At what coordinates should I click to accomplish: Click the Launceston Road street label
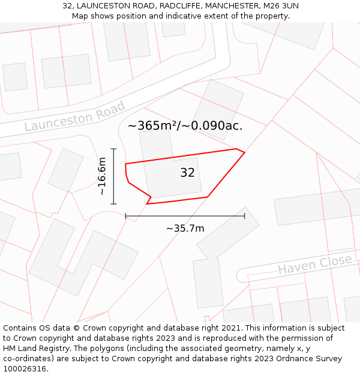[x=74, y=117]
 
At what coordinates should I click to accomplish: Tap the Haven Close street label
[x=314, y=264]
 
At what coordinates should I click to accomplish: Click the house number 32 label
[x=187, y=173]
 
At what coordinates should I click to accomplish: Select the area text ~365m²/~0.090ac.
[x=185, y=125]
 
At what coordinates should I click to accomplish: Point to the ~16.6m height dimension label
[x=102, y=176]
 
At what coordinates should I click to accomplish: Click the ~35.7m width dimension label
[x=185, y=228]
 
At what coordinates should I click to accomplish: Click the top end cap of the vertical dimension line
[x=113, y=149]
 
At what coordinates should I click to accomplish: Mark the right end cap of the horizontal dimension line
[x=245, y=215]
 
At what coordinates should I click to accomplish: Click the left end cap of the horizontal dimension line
[x=125, y=215]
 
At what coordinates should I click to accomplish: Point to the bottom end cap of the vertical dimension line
[x=113, y=204]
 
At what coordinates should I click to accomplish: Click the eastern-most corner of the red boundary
[x=245, y=152]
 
